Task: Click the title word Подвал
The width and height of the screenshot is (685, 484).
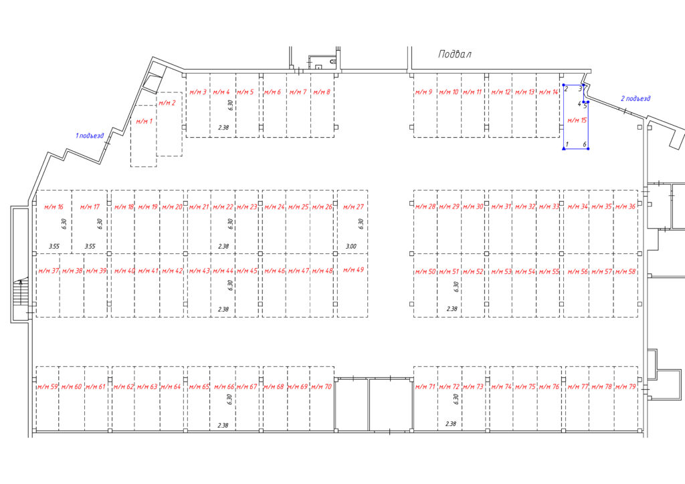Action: (x=455, y=54)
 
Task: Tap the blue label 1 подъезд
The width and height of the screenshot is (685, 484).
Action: (x=90, y=136)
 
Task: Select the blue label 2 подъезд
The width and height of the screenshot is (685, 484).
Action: (x=635, y=99)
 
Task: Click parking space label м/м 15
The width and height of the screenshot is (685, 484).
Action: (x=577, y=120)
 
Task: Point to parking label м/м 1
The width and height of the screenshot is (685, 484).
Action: (x=144, y=121)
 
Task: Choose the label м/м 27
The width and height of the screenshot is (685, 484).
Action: (x=353, y=207)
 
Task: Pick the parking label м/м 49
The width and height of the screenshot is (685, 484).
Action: (x=353, y=269)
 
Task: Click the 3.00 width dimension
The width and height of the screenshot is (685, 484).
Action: (x=351, y=246)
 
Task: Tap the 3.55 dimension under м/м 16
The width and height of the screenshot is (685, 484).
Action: (x=54, y=246)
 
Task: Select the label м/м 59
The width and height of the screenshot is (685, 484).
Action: (x=47, y=386)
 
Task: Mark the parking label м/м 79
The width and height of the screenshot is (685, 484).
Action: (x=625, y=386)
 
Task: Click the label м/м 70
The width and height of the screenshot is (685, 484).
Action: (x=322, y=386)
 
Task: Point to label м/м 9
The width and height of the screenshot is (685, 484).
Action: (x=423, y=92)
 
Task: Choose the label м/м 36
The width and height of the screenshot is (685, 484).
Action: (x=625, y=207)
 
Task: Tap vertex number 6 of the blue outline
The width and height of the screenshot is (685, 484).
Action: (x=585, y=144)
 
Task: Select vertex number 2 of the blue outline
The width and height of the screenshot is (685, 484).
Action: (x=566, y=89)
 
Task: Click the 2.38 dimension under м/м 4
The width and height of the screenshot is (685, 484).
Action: (x=223, y=128)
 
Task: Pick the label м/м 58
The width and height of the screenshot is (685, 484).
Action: (x=625, y=271)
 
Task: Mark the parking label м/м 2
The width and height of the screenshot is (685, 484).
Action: (x=167, y=103)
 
